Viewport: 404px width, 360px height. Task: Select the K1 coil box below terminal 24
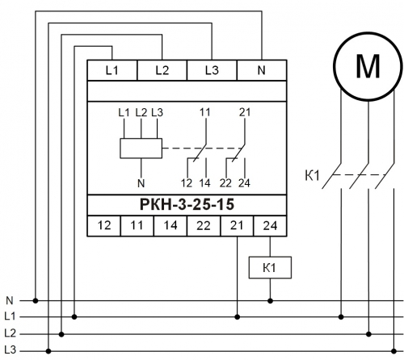click(x=270, y=267)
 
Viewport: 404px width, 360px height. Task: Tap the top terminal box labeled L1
click(x=112, y=70)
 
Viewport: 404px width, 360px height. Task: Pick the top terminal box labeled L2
click(x=162, y=70)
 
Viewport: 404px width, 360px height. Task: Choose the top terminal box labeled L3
click(x=212, y=70)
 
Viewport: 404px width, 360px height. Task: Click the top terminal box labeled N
click(x=262, y=70)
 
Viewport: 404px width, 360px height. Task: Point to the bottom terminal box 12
click(x=104, y=225)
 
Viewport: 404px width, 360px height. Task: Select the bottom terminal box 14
click(x=170, y=225)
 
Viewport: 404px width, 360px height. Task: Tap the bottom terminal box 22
click(x=204, y=225)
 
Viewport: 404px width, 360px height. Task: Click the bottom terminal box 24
click(x=270, y=225)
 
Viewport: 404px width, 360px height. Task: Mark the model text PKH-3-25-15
click(x=187, y=204)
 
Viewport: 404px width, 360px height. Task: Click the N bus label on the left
click(x=10, y=300)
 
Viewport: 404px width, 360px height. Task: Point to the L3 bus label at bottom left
click(x=11, y=350)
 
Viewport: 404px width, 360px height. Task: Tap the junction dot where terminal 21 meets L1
click(x=238, y=317)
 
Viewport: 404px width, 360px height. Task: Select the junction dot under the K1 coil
click(x=270, y=301)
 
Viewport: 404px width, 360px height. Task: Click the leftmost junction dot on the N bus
click(x=36, y=300)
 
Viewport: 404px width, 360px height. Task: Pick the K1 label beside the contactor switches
click(x=312, y=175)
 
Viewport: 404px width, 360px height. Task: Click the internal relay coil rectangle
click(x=141, y=149)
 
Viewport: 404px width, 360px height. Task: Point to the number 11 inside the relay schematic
click(x=205, y=112)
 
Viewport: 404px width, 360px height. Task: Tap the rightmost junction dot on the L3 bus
click(x=393, y=351)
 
